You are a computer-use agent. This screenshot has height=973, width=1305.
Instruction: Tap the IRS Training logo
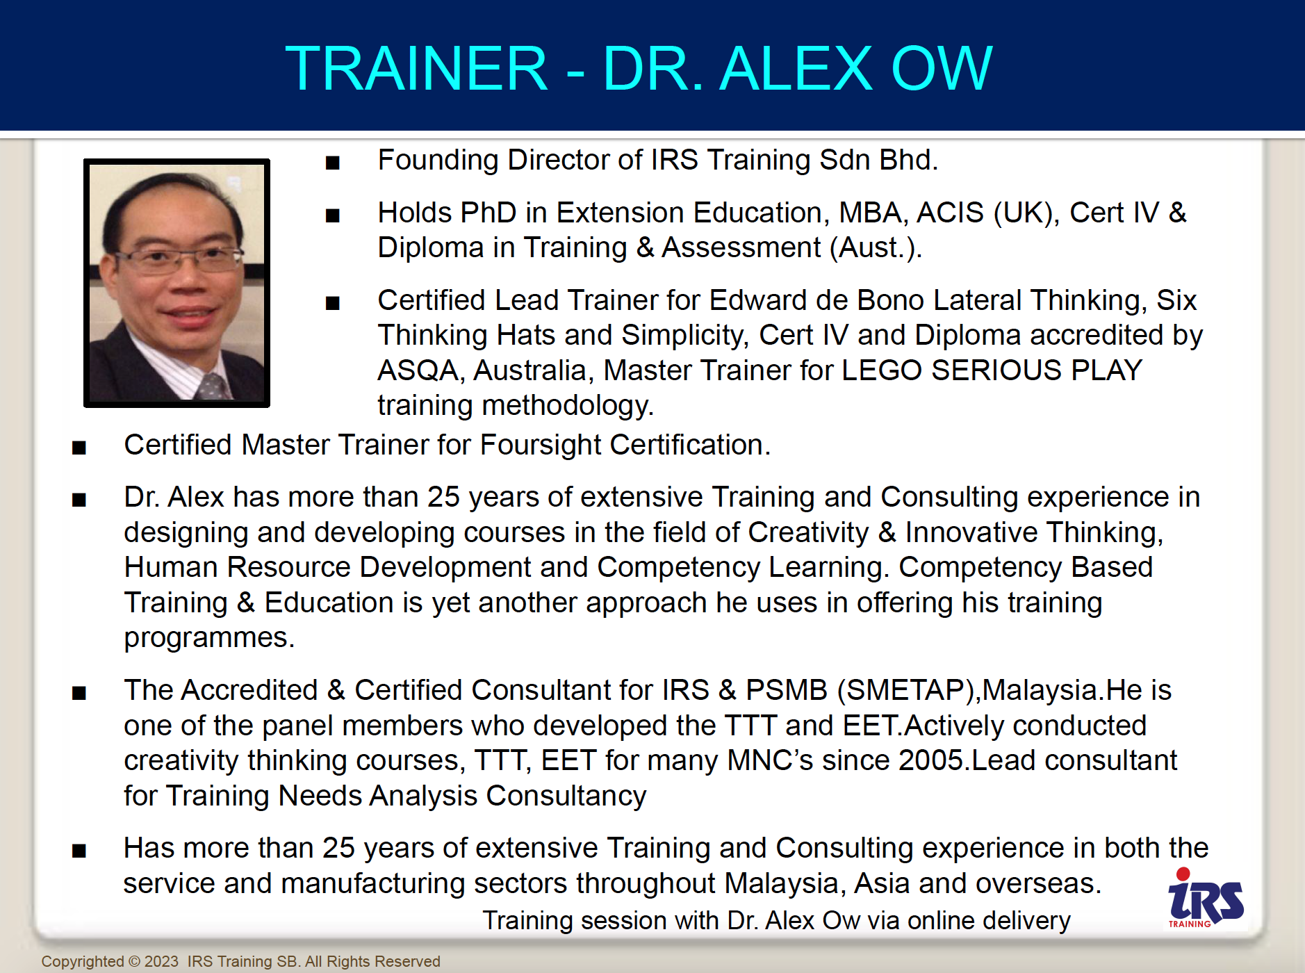click(1206, 898)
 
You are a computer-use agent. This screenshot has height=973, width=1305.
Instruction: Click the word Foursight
click(541, 445)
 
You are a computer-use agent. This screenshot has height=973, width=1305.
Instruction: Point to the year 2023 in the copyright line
click(162, 961)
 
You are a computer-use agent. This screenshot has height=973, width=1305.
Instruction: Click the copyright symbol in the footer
click(135, 962)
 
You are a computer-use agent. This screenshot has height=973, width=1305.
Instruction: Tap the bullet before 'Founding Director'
click(333, 163)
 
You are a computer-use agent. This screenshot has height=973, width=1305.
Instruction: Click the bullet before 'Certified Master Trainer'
click(79, 448)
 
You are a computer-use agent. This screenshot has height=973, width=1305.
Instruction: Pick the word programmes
click(209, 638)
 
